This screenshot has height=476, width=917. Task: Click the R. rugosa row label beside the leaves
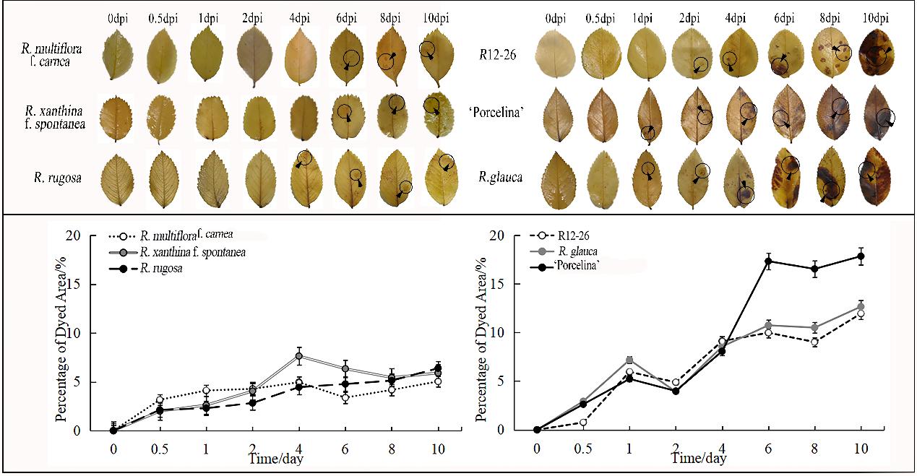[x=58, y=178]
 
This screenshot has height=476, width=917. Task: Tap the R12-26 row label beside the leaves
[x=497, y=55]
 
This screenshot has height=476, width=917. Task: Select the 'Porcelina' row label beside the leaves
[x=496, y=112]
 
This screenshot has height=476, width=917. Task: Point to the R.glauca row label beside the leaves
[x=501, y=177]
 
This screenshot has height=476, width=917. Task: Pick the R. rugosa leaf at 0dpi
[x=117, y=179]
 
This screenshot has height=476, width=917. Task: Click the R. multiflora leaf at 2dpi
[x=253, y=57]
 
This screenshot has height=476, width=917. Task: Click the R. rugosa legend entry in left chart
[x=145, y=269]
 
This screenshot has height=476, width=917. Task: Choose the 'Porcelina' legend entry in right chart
[x=565, y=266]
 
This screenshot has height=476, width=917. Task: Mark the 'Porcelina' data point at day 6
[x=768, y=261]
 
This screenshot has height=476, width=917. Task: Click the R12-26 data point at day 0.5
[x=583, y=422]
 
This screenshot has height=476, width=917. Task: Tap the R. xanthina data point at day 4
[x=299, y=356]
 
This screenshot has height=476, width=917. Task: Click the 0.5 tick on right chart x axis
[x=583, y=449]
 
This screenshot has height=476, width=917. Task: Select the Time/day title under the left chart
[x=275, y=459]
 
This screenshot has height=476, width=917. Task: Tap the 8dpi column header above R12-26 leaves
[x=830, y=18]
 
